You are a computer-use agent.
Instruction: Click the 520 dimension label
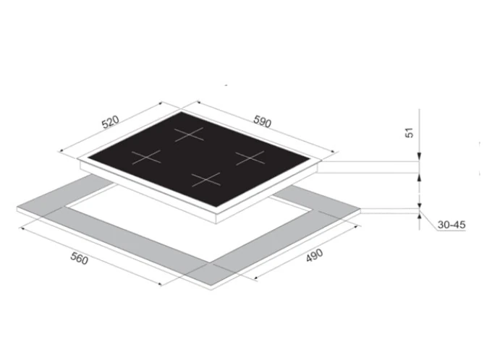tap(110, 122)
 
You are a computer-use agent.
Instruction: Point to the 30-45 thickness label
tap(451, 225)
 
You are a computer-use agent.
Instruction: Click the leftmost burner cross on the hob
tap(145, 156)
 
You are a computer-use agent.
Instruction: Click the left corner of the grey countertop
tap(17, 208)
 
